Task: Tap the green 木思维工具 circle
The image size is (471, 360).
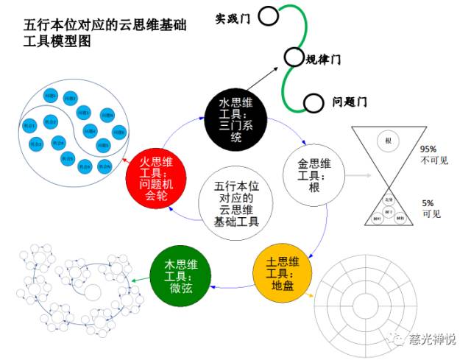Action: pos(180,275)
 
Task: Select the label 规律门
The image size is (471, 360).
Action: pos(323,59)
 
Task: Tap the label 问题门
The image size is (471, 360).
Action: pos(349,102)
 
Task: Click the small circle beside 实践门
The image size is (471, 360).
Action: pos(267,15)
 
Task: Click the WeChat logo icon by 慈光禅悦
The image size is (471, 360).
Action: pos(398,339)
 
